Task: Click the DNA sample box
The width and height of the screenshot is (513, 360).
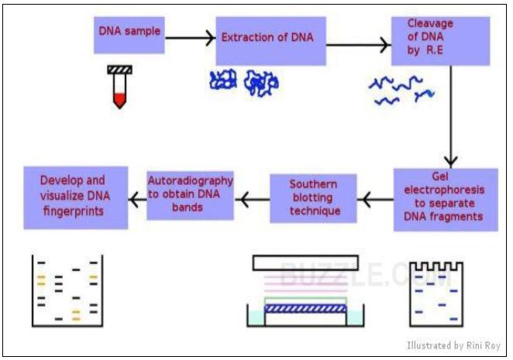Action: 129,35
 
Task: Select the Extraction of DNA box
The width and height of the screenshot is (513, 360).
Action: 271,41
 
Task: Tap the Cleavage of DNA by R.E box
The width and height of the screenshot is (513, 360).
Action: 441,41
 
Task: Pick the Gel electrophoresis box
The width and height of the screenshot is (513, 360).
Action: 446,200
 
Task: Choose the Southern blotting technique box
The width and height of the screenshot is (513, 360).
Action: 313,198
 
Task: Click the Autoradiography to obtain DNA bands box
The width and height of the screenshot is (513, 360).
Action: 190,196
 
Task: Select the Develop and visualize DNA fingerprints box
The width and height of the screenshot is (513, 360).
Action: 76,197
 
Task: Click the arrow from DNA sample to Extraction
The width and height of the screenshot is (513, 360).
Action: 190,38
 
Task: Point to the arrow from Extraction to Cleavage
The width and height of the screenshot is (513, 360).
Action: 359,45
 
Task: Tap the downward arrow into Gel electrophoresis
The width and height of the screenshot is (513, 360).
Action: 451,116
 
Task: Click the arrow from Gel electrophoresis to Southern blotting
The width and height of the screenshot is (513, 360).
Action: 376,200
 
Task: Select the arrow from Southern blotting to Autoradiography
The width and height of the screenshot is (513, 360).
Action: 253,200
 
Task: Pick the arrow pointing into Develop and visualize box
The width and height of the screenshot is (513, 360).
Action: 137,200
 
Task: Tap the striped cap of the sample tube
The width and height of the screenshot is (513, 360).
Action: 120,70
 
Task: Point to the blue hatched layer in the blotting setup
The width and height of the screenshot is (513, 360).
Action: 305,309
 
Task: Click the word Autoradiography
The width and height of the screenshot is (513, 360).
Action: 191,181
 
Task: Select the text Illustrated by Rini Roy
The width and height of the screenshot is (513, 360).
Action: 453,345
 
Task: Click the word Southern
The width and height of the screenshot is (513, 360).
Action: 313,184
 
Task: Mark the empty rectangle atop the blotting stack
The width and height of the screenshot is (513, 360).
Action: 305,263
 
